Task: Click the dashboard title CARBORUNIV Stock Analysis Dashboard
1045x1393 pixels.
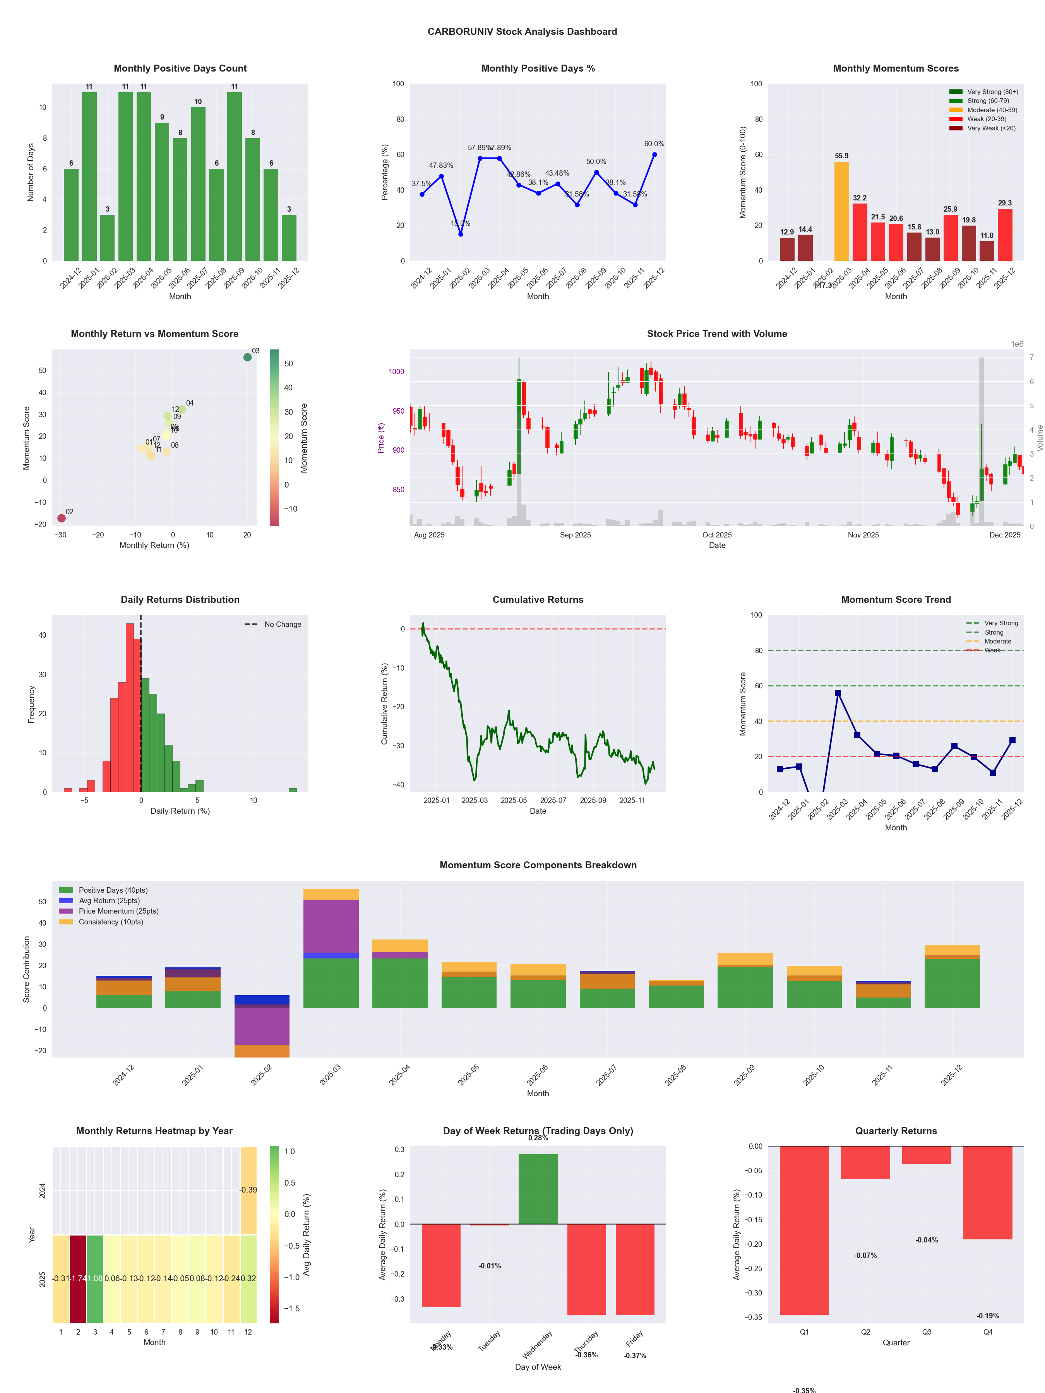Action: click(x=522, y=31)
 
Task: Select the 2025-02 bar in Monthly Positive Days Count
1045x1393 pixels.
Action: click(x=107, y=238)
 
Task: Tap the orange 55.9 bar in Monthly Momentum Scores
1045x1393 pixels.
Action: click(x=841, y=211)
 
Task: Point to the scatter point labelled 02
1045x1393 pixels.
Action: click(x=61, y=518)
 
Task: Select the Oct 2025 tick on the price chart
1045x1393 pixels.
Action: click(x=717, y=535)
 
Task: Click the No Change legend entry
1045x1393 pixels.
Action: click(x=273, y=624)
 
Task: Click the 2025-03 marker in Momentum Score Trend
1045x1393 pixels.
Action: click(x=838, y=693)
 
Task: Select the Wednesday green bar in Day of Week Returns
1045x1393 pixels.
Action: click(x=538, y=1189)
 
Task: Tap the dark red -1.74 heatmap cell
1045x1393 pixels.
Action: click(x=78, y=1278)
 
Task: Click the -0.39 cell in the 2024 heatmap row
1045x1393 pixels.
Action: click(x=248, y=1189)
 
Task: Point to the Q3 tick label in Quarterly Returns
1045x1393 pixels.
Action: click(x=927, y=1332)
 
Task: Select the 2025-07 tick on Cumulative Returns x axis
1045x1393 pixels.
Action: click(x=553, y=801)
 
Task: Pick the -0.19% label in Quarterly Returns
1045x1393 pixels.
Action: click(x=988, y=1316)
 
